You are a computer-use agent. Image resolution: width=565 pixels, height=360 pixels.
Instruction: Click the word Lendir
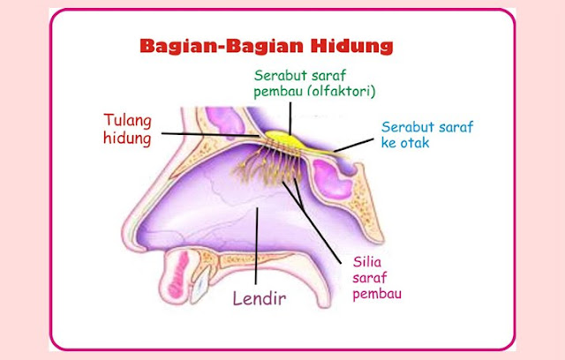pyautogui.click(x=262, y=297)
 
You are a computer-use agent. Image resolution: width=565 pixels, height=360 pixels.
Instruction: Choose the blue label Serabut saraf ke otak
pyautogui.click(x=423, y=134)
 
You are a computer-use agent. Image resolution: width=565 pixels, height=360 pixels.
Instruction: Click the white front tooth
pyautogui.click(x=200, y=283)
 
